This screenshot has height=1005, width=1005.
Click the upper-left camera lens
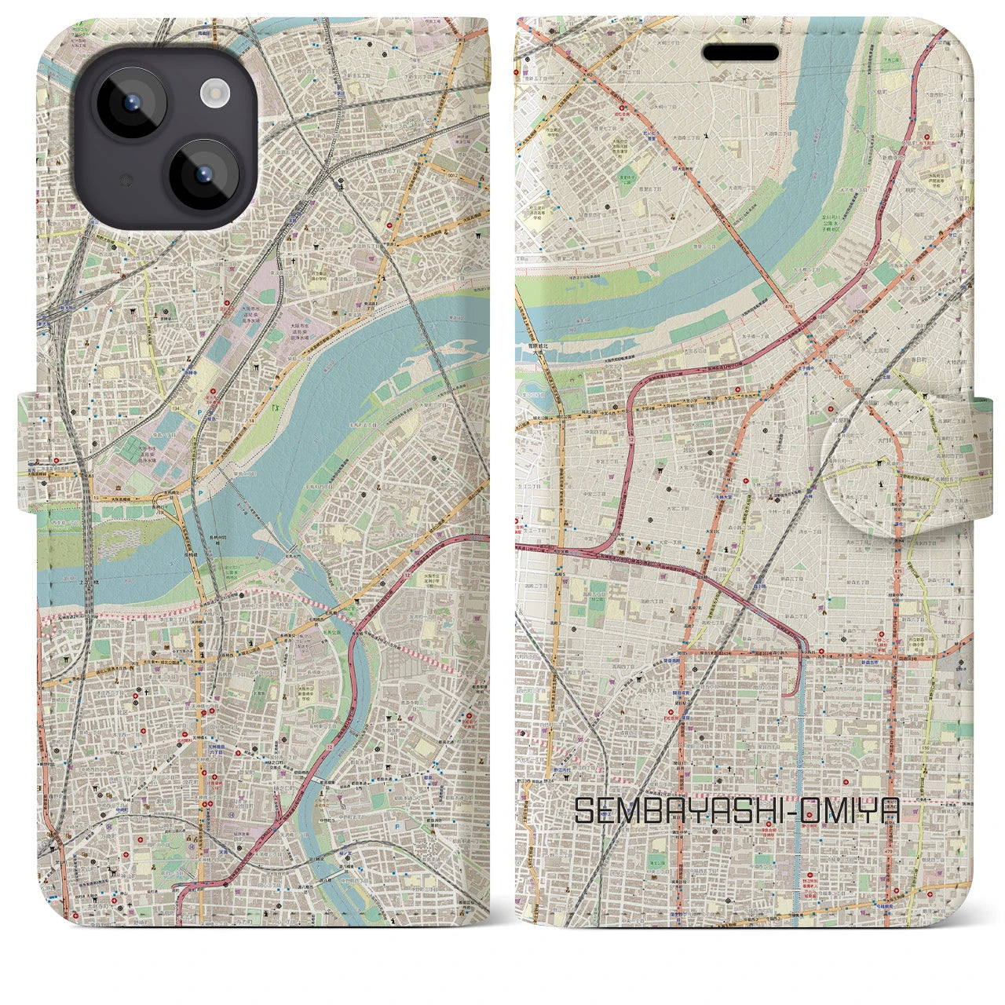(130, 103)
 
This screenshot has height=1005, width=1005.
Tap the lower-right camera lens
(206, 175)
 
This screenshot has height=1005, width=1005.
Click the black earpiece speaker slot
(740, 53)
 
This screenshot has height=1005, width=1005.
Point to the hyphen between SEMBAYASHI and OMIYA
(806, 811)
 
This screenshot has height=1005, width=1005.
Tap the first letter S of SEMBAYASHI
(584, 810)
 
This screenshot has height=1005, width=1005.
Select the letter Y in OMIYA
(869, 810)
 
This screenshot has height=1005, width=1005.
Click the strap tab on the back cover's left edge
(30, 451)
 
